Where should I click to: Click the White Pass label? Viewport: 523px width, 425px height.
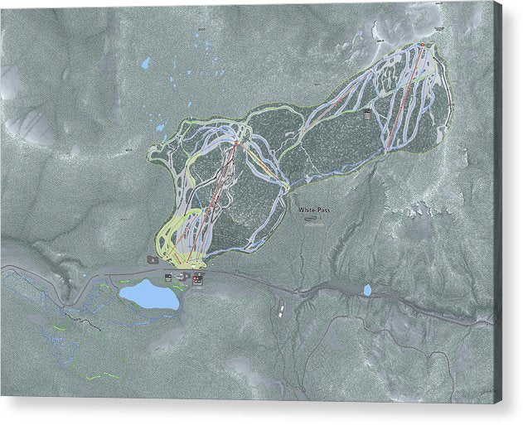(x=313, y=210)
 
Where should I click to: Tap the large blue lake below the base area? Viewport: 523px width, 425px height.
(x=149, y=294)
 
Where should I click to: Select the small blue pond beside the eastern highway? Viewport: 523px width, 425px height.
(x=366, y=290)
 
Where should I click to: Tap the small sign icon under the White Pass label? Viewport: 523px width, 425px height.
(x=311, y=220)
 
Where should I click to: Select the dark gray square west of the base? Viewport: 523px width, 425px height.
(x=153, y=259)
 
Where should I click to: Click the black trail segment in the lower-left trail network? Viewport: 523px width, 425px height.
(x=79, y=316)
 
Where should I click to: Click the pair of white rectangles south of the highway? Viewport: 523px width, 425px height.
(x=281, y=308)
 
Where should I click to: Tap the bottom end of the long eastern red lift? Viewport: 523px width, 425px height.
(x=387, y=149)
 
